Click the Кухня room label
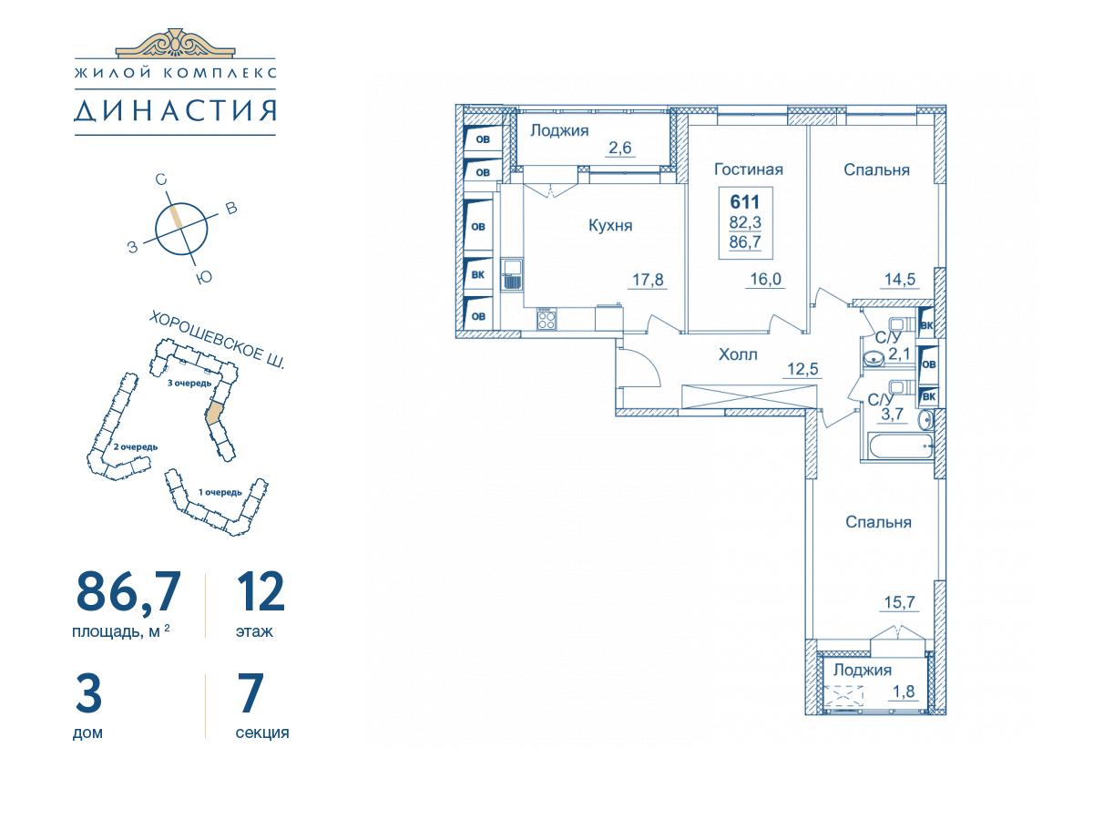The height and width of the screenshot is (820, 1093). pos(610,226)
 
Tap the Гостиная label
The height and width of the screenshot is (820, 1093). pos(749,169)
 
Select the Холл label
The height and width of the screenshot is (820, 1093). pos(738,355)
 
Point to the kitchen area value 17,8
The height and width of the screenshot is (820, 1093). pos(648,280)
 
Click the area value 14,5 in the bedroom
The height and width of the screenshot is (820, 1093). pos(900,280)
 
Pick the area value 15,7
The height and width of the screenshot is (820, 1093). pos(900,603)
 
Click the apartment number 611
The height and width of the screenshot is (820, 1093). pos(745,202)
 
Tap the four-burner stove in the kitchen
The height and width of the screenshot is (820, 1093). pos(546,319)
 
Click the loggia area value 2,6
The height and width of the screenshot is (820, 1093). pos(620,148)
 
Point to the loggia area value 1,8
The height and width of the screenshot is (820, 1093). pos(904,692)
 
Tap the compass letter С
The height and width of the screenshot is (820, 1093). pos(161,179)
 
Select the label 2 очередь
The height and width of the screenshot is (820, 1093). pos(136,447)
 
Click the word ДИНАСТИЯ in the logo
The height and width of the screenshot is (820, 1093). pos(175,110)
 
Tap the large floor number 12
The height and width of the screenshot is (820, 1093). pos(260,591)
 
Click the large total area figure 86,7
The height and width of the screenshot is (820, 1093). pos(128,592)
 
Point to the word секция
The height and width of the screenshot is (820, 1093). pos(262,733)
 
